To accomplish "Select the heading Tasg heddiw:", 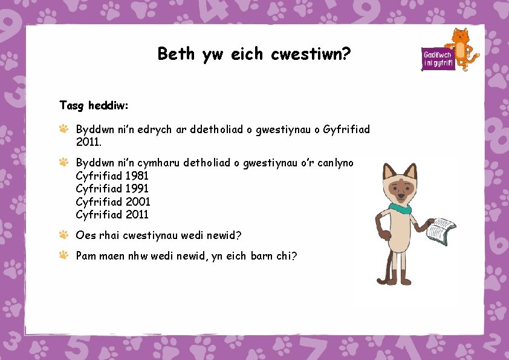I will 94,105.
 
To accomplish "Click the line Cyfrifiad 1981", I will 112,175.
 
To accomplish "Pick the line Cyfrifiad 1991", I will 112,189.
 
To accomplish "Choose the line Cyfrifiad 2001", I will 113,201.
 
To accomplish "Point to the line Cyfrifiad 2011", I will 112,214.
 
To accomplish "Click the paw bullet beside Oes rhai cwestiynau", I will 64,234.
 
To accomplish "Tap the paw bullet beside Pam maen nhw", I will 64,255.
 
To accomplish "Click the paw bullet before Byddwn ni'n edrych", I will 64,129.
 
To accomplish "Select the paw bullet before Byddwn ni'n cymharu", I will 64,162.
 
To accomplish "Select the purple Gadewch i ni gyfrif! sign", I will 438,58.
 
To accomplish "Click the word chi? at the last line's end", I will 285,256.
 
